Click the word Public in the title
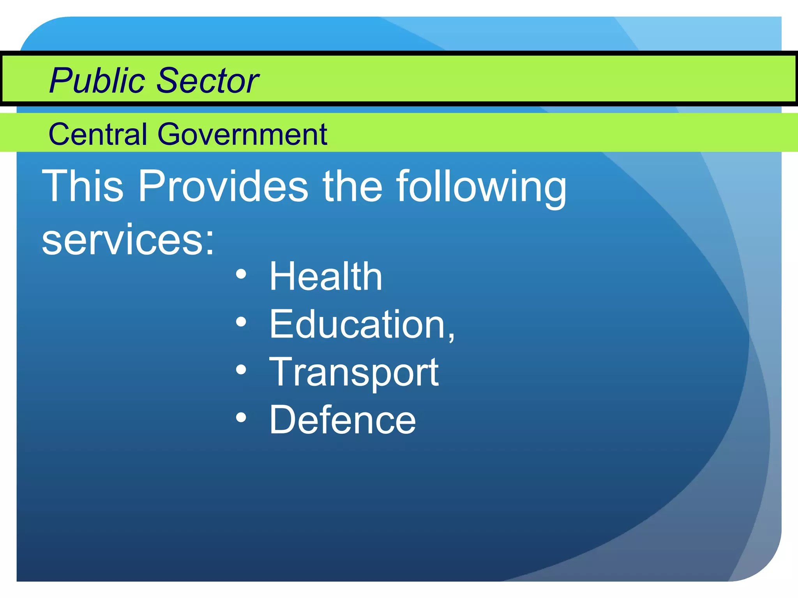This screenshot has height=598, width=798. (97, 81)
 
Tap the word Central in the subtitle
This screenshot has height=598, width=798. (97, 134)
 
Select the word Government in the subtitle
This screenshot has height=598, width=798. (242, 135)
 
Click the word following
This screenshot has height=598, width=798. (481, 187)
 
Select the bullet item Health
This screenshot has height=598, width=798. (326, 276)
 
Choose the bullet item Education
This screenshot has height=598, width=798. (357, 324)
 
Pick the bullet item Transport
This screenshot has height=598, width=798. (354, 372)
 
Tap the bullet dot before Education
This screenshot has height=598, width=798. (241, 322)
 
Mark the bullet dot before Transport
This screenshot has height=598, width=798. (241, 370)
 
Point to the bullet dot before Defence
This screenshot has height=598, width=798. (241, 417)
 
